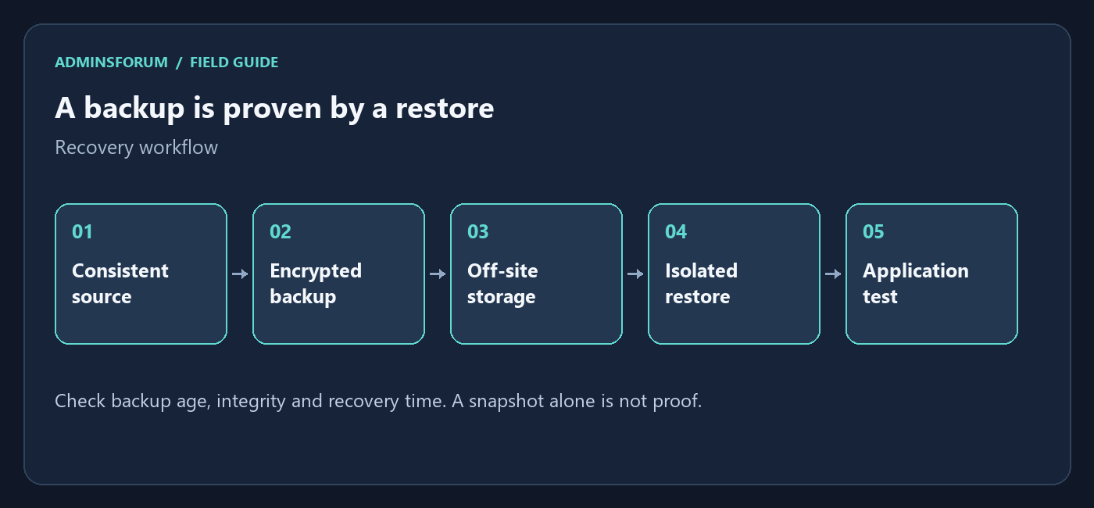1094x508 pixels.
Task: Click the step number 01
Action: (x=82, y=231)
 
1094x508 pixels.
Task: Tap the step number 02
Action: (x=281, y=231)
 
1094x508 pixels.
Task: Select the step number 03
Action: (x=477, y=231)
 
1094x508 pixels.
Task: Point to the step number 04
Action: (x=676, y=231)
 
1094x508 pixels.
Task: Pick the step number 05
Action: (x=874, y=231)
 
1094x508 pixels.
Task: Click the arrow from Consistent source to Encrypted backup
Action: (x=240, y=274)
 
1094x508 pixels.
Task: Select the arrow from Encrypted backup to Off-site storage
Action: (x=438, y=274)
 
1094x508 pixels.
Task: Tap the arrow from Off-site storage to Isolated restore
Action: (x=635, y=274)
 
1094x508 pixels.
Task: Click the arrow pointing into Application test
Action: (x=833, y=274)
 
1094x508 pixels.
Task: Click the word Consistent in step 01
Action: (x=120, y=270)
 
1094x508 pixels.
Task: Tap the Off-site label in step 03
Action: (x=502, y=270)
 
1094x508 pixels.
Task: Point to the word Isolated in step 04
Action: (x=702, y=270)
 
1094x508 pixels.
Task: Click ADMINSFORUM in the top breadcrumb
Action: (x=111, y=63)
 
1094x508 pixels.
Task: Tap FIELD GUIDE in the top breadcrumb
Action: (x=234, y=63)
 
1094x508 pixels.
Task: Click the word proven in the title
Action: (x=272, y=109)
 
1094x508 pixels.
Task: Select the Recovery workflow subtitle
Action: (x=136, y=148)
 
